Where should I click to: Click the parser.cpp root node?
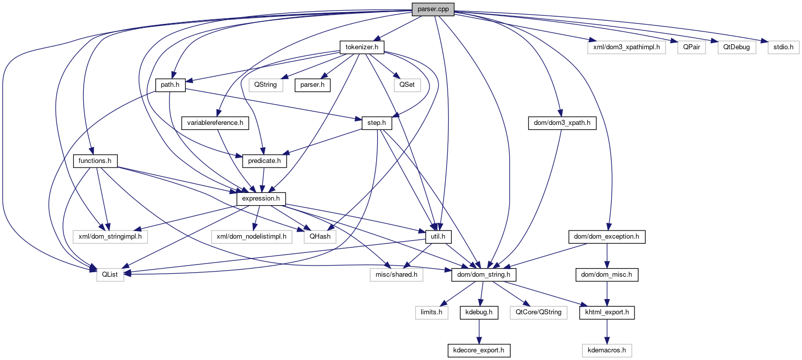433,9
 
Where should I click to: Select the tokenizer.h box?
362,47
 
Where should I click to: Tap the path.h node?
170,85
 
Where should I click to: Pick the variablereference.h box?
215,123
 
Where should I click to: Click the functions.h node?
95,161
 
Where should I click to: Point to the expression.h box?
261,199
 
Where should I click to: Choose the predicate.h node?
264,161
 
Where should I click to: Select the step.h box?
377,123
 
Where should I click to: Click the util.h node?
438,237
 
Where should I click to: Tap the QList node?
110,275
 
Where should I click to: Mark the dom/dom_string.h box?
484,275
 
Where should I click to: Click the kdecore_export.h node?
479,350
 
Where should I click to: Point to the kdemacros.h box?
607,350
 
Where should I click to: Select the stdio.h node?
783,47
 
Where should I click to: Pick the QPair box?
691,47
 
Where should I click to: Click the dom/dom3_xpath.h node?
562,123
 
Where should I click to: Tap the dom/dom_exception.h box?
607,237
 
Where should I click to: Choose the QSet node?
407,85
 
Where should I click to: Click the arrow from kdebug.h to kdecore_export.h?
479,331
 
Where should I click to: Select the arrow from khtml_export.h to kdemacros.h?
607,331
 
